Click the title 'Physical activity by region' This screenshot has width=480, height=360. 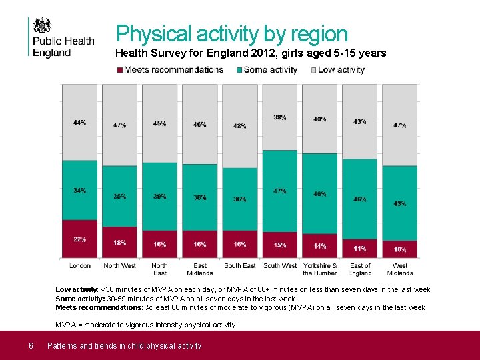pyautogui.click(x=232, y=34)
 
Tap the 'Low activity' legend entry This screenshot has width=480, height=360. pyautogui.click(x=341, y=70)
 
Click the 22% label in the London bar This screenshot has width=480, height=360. pyautogui.click(x=80, y=239)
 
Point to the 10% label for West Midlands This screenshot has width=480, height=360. pyautogui.click(x=400, y=249)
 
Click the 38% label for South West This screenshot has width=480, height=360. pyautogui.click(x=280, y=117)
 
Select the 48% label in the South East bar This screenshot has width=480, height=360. pyautogui.click(x=240, y=126)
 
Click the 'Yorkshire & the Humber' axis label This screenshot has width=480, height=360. pyautogui.click(x=320, y=269)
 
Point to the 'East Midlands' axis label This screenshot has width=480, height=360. pyautogui.click(x=200, y=269)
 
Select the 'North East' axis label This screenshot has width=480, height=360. pyautogui.click(x=160, y=269)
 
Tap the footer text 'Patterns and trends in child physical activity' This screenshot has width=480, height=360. pyautogui.click(x=124, y=345)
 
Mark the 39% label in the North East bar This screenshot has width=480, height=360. pyautogui.click(x=160, y=197)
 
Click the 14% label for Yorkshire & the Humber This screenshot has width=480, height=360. pyautogui.click(x=320, y=246)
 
